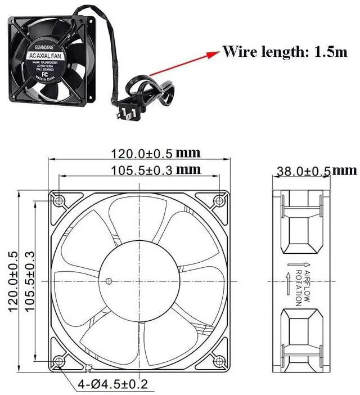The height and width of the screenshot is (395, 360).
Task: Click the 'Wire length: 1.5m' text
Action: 285,52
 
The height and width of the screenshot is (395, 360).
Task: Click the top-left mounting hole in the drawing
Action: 58,200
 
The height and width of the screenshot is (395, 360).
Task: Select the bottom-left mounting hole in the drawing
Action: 58,361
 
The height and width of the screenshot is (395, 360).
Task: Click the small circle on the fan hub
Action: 109,280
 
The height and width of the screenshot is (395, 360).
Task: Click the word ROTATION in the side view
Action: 298,287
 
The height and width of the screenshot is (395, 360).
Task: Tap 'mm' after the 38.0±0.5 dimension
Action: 344,170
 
